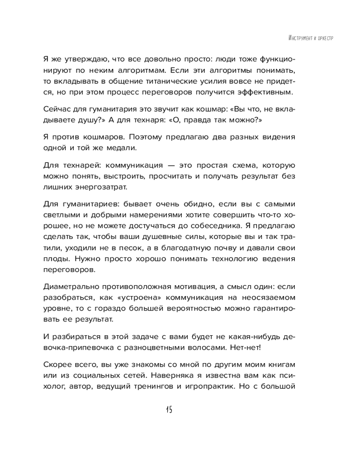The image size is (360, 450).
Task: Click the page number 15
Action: (169, 409)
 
